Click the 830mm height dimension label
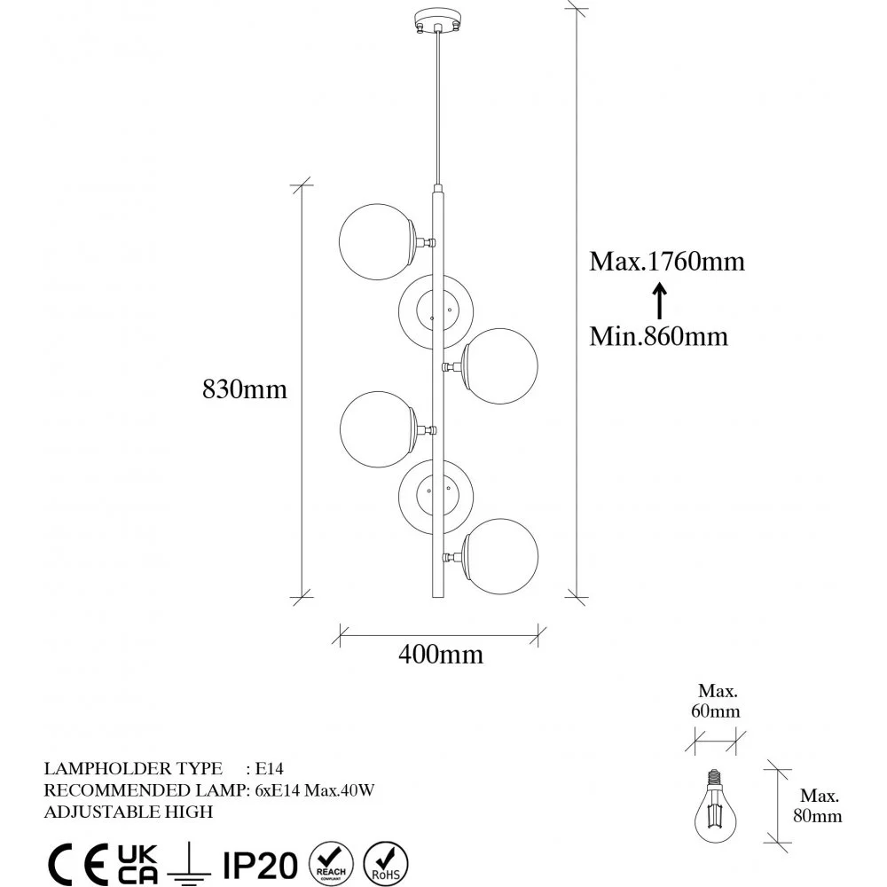245,389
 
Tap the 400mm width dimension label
441,655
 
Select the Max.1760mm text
667,262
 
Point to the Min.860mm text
658,336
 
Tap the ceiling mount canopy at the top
437,20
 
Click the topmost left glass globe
377,241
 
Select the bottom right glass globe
500,557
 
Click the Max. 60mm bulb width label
716,701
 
